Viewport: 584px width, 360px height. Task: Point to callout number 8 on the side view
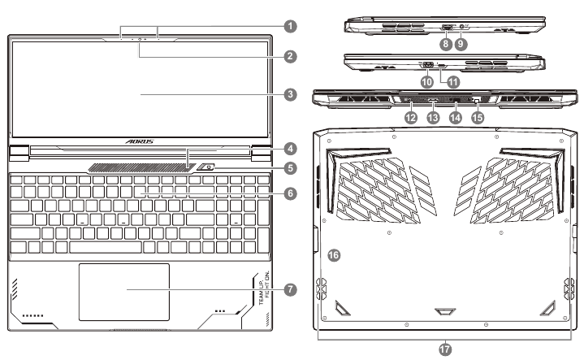pyautogui.click(x=445, y=46)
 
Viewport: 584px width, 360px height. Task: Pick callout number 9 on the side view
pyautogui.click(x=462, y=46)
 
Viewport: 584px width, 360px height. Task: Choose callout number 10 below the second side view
pyautogui.click(x=427, y=81)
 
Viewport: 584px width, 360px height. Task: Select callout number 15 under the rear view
pyautogui.click(x=478, y=118)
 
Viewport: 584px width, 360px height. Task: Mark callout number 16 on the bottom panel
pyautogui.click(x=333, y=255)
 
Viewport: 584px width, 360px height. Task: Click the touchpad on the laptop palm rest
pyautogui.click(x=124, y=291)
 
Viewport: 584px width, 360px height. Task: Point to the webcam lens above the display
pyautogui.click(x=140, y=39)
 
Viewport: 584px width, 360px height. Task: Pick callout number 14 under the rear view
pyautogui.click(x=456, y=118)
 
